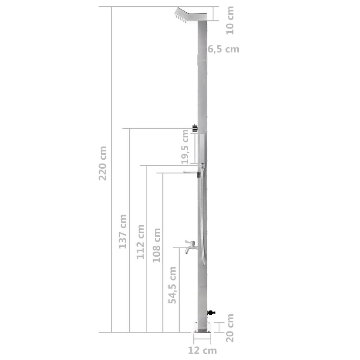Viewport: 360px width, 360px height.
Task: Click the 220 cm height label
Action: point(103,163)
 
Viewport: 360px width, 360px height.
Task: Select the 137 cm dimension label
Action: point(122,231)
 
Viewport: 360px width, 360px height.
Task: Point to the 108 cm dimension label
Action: point(156,245)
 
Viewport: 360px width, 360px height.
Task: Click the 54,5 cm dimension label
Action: point(172,285)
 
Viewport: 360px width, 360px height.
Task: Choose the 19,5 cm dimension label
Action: point(185,146)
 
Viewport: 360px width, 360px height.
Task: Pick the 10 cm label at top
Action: point(230,20)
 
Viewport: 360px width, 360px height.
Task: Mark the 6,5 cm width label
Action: point(223,49)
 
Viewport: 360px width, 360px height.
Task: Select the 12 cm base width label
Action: point(202,350)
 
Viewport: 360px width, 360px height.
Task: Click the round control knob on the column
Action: point(194,128)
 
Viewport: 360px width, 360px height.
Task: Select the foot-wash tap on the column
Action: point(190,246)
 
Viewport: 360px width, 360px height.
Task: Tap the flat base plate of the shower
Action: point(202,327)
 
